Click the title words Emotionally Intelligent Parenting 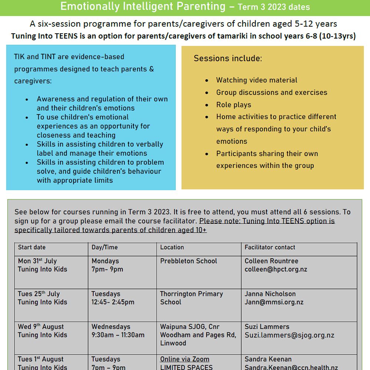pyautogui.click(x=143, y=6)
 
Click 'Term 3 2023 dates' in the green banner pyautogui.click(x=274, y=7)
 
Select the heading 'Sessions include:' pyautogui.click(x=228, y=58)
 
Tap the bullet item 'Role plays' pyautogui.click(x=233, y=105)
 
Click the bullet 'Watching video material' pyautogui.click(x=256, y=80)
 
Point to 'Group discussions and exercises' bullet pyautogui.click(x=272, y=92)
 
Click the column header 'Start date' pyautogui.click(x=32, y=247)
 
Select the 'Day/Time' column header pyautogui.click(x=105, y=247)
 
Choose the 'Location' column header pyautogui.click(x=172, y=247)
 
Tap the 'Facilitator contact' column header pyautogui.click(x=270, y=247)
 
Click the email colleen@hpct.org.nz pyautogui.click(x=276, y=269)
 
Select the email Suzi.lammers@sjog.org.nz pyautogui.click(x=289, y=335)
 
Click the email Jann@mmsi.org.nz pyautogui.click(x=274, y=302)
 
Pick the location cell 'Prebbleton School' pyautogui.click(x=188, y=261)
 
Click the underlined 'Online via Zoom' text pyautogui.click(x=185, y=359)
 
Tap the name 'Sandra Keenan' pyautogui.click(x=268, y=359)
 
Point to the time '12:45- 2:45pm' pyautogui.click(x=113, y=302)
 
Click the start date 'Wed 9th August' pyautogui.click(x=41, y=327)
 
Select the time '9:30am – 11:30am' pyautogui.click(x=118, y=335)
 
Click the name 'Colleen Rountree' pyautogui.click(x=271, y=261)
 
